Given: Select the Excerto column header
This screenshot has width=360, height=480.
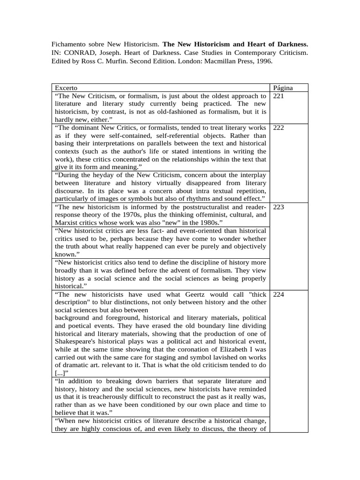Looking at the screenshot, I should coord(66,88).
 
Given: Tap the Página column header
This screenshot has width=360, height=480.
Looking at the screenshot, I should coord(283,88).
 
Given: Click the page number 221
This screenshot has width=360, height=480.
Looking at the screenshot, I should coord(278,96).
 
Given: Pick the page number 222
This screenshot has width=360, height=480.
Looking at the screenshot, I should coord(278,127).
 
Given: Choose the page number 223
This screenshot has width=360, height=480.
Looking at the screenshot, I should coord(278,207).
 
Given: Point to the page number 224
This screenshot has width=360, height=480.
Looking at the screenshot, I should coord(278,294).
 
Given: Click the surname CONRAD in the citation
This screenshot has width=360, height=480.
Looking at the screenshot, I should coord(81,52).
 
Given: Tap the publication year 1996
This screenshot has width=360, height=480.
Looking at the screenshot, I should coord(263,61).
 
